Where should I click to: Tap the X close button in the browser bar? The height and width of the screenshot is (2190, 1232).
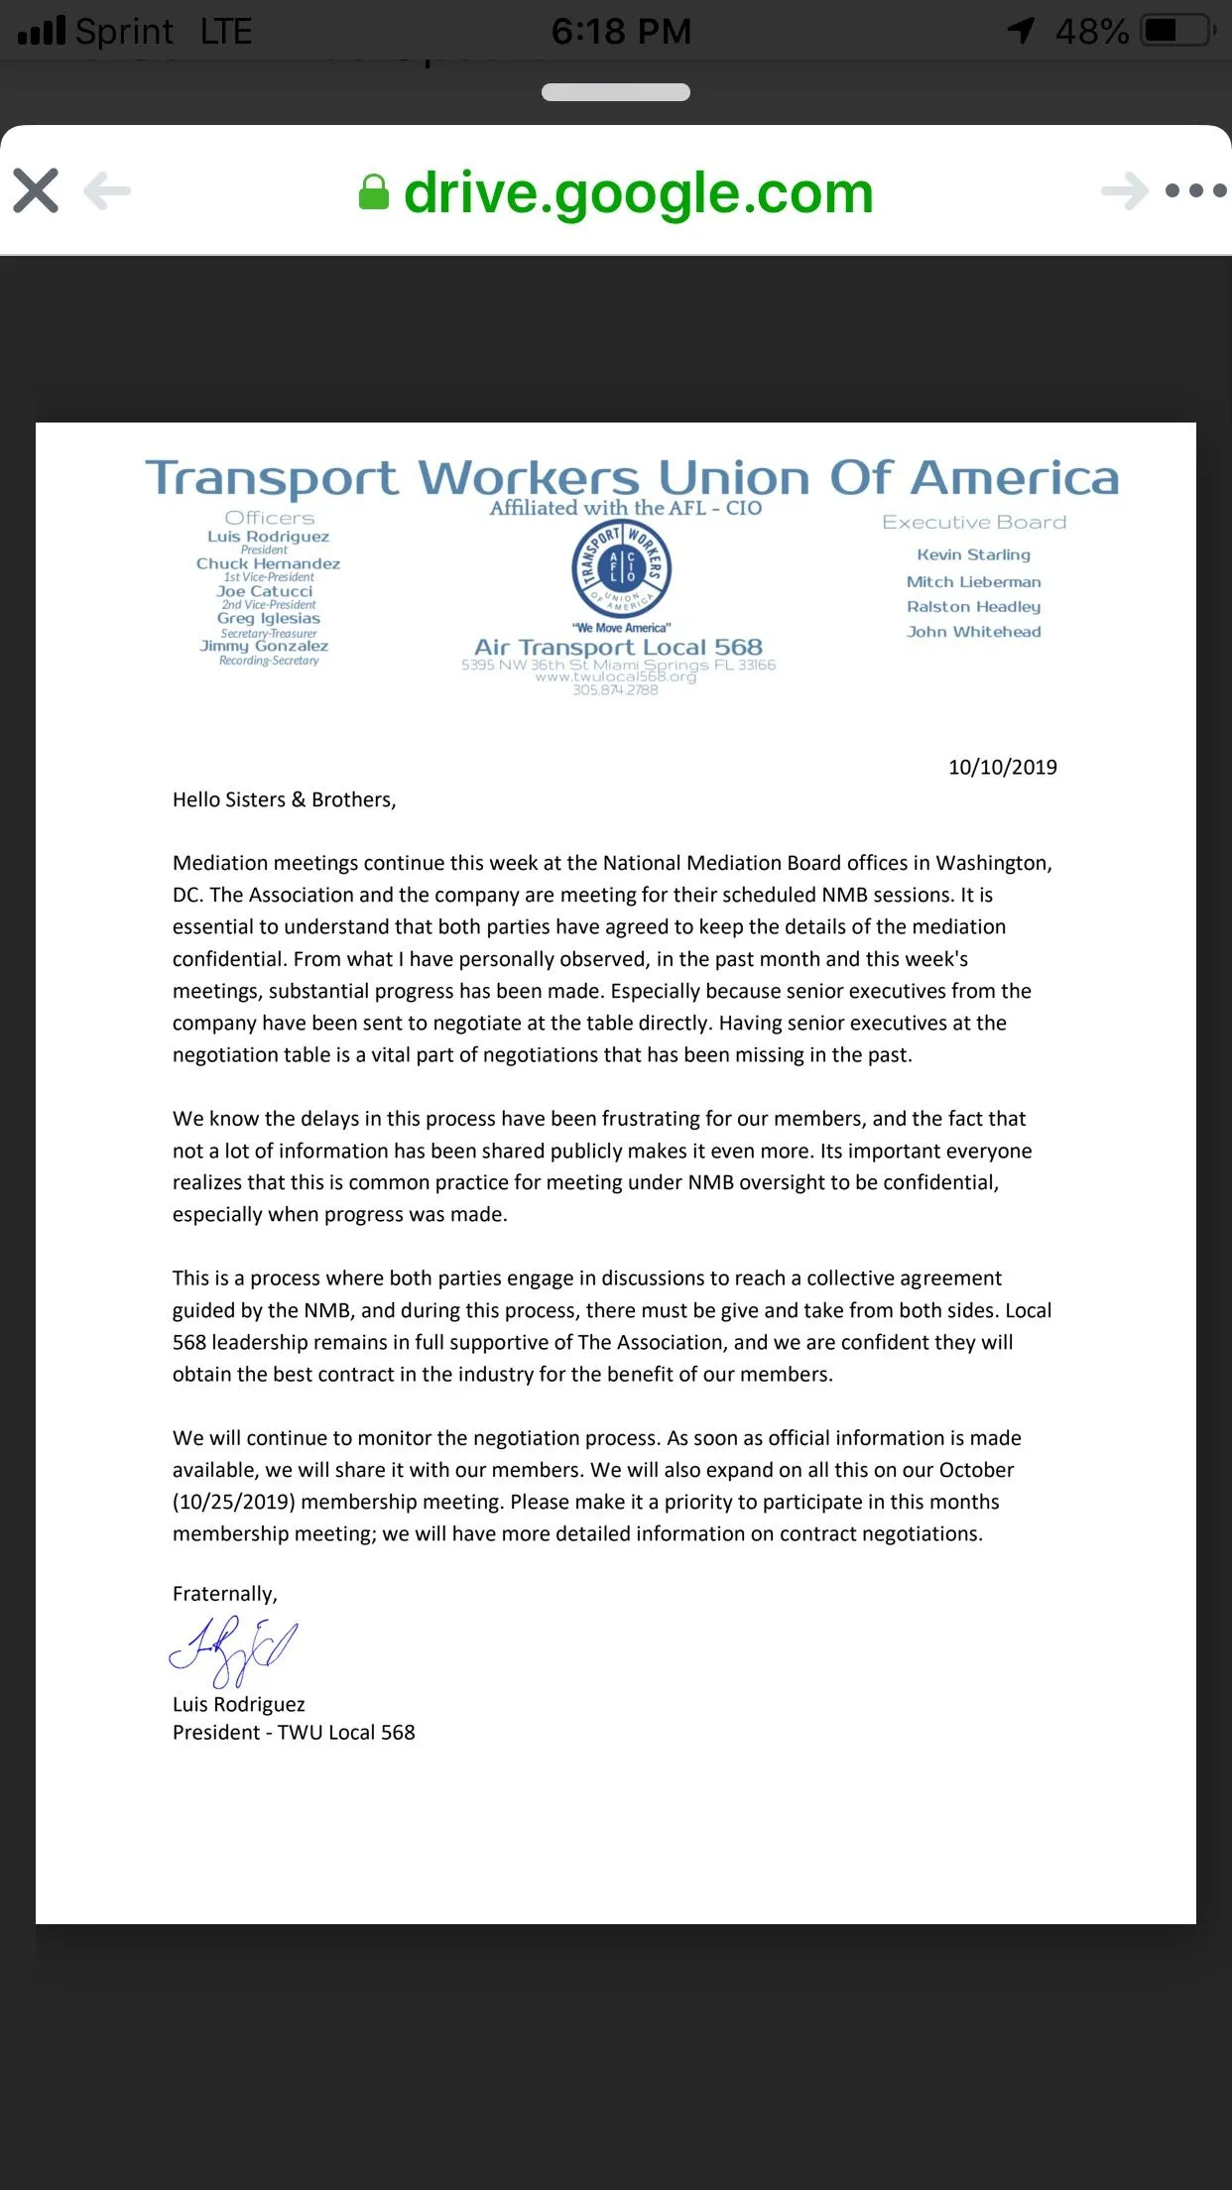[x=37, y=190]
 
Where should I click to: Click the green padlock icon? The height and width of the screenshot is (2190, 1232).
[x=373, y=192]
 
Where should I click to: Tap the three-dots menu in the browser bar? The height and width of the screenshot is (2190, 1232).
[x=1195, y=190]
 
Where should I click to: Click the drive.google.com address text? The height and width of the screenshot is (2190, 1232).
[x=638, y=192]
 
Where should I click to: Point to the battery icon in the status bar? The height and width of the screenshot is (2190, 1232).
[x=1177, y=31]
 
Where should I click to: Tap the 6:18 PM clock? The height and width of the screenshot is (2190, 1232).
[x=621, y=32]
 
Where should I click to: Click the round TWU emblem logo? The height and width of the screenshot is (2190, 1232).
[x=622, y=569]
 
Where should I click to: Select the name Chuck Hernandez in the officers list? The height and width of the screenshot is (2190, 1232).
[x=268, y=563]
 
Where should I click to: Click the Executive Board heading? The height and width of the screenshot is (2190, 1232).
[x=974, y=522]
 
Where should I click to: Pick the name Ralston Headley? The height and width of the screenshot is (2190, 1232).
[x=973, y=606]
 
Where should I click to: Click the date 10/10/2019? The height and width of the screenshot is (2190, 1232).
[x=1002, y=767]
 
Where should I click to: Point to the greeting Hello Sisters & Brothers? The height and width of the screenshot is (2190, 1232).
[x=284, y=799]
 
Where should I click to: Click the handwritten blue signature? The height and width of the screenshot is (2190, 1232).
[x=234, y=1648]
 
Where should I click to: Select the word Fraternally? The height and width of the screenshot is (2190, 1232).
[x=224, y=1593]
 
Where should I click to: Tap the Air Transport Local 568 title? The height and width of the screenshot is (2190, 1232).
[x=618, y=647]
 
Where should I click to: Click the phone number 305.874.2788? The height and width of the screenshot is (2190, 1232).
[x=615, y=690]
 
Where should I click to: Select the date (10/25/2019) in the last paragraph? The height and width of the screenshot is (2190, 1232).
[x=234, y=1502]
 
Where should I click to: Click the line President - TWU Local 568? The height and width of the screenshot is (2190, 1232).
[x=294, y=1732]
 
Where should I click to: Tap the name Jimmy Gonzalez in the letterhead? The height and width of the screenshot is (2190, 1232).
[x=264, y=646]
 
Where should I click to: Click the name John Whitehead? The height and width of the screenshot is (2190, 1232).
[x=973, y=631]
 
